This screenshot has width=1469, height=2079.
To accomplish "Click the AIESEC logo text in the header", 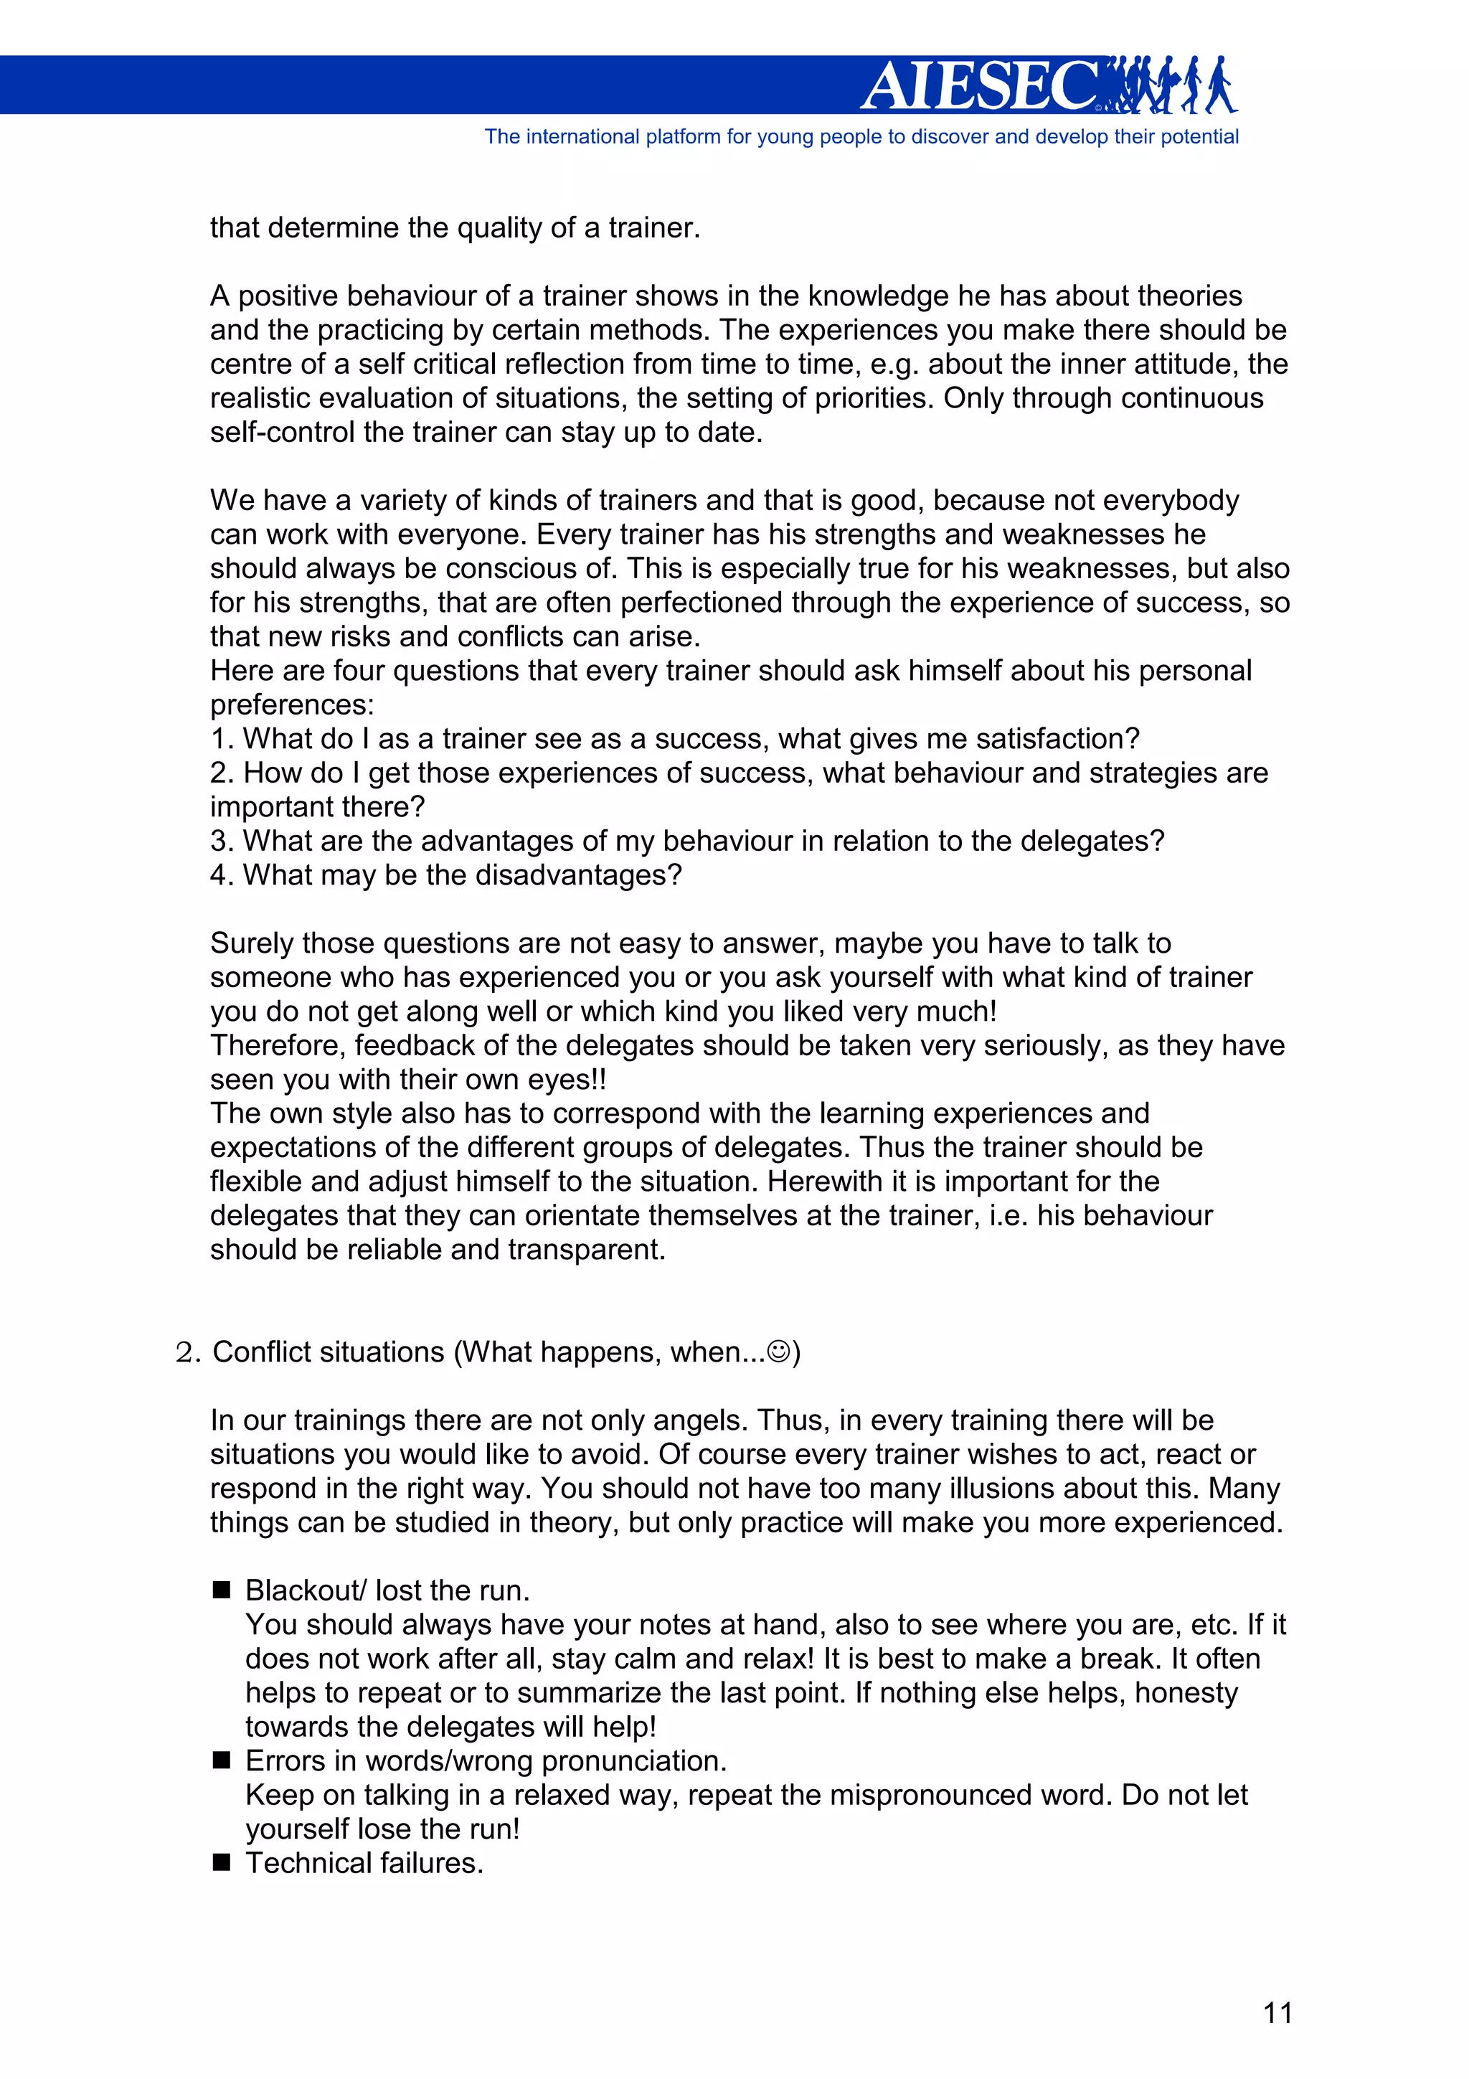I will (x=982, y=86).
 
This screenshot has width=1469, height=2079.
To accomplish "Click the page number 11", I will (x=1277, y=2013).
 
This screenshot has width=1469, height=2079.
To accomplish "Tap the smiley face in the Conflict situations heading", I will (x=778, y=1352).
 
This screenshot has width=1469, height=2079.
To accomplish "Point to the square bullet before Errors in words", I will (x=222, y=1760).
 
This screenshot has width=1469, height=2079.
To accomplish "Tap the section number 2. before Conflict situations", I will (x=188, y=1353).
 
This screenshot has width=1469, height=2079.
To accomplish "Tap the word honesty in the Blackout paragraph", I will (x=1186, y=1692).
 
